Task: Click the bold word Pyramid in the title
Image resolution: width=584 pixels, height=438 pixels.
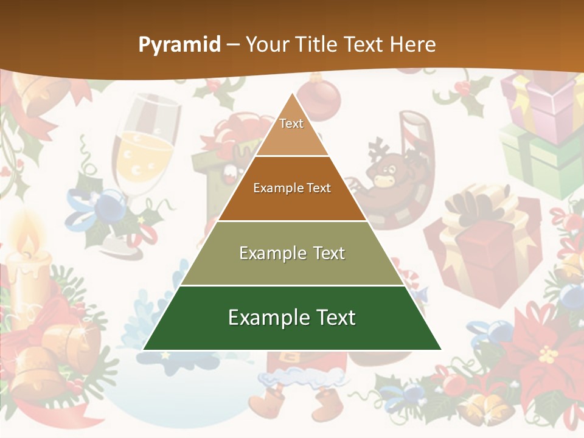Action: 179,44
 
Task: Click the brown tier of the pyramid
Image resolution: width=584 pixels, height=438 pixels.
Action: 292,189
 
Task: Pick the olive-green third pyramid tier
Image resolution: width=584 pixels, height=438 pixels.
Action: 292,253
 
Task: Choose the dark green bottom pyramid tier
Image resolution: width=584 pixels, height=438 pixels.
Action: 292,318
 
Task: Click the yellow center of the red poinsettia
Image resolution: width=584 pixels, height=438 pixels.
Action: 548,353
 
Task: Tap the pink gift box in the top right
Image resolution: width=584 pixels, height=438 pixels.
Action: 541,103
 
